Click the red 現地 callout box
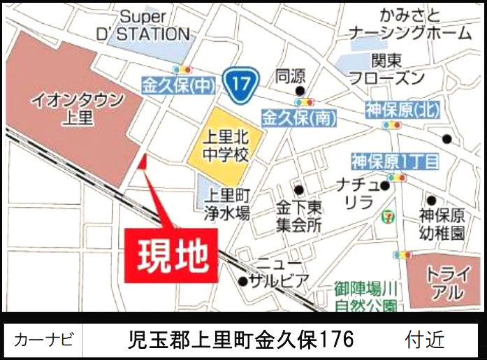(x=168, y=254)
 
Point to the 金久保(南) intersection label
(x=299, y=117)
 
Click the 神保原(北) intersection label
(x=393, y=110)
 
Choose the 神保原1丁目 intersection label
(x=395, y=163)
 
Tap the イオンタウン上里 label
(x=77, y=108)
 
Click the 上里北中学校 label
(x=225, y=145)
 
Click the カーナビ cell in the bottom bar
(x=43, y=340)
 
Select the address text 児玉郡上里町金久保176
(x=242, y=340)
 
